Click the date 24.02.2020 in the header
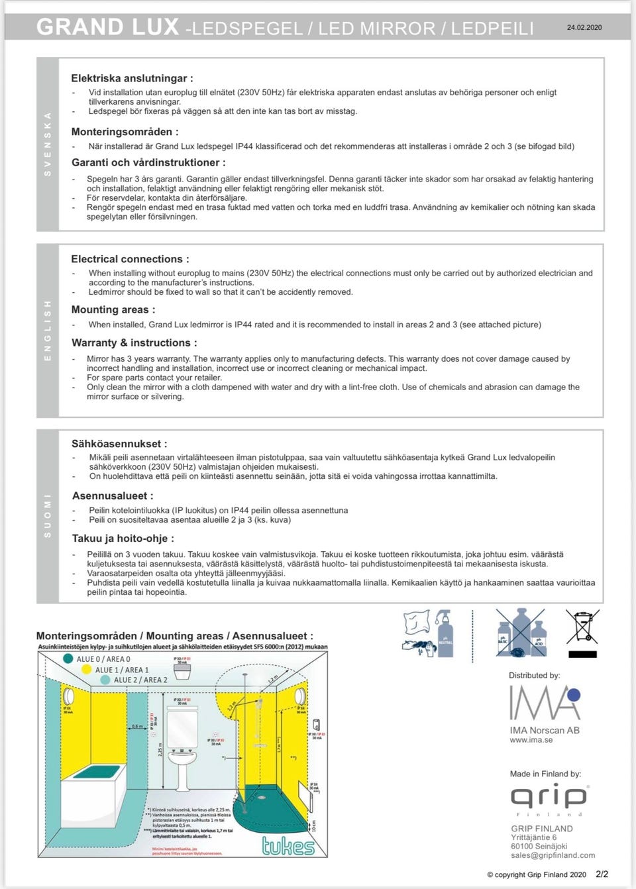584,28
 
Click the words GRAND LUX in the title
107,27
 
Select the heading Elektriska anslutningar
132,78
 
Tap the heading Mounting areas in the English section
113,309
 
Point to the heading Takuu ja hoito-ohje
123,539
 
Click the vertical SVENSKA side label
47,144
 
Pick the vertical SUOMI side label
47,515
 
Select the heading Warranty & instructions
134,342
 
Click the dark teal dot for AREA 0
68,658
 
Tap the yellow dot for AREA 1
86,670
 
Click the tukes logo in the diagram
288,845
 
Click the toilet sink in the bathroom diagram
182,762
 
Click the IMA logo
545,703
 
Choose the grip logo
549,797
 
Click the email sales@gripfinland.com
553,855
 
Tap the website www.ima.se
531,740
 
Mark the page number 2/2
602,874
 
